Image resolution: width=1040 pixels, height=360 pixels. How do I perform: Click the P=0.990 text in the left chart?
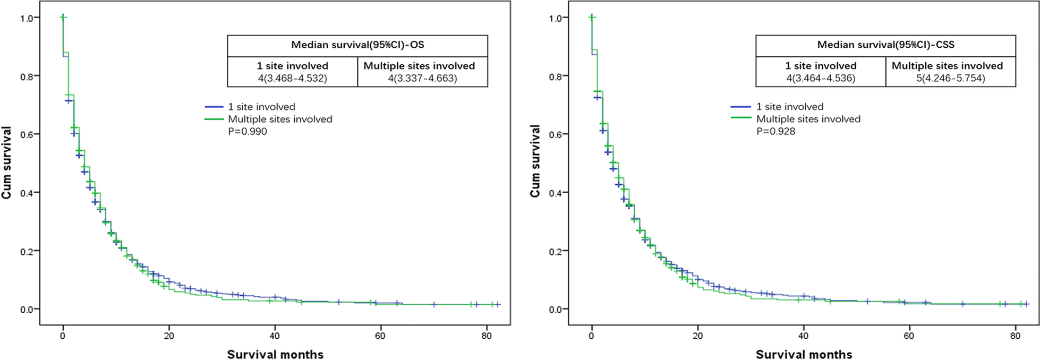(x=248, y=132)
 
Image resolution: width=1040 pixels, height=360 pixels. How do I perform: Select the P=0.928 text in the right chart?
(x=776, y=131)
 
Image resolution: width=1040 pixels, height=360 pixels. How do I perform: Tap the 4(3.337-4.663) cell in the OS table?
(x=422, y=79)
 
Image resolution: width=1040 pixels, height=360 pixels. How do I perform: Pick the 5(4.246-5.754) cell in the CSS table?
(x=951, y=79)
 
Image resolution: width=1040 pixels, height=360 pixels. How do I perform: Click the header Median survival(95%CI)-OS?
(x=357, y=45)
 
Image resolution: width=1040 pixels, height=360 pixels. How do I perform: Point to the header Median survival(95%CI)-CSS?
(x=885, y=45)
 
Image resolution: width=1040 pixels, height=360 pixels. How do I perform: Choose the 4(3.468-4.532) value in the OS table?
(x=293, y=79)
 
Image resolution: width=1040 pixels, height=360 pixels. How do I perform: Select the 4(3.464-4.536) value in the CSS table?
(x=821, y=79)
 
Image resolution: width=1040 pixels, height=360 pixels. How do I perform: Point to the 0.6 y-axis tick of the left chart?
(x=27, y=134)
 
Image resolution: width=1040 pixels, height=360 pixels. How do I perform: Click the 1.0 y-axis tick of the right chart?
(x=556, y=18)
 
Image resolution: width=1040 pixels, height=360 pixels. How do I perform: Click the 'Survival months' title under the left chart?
(x=275, y=355)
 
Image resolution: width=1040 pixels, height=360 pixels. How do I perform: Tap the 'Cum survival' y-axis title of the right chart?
(x=535, y=161)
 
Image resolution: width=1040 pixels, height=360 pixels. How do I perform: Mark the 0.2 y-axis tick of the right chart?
(x=556, y=251)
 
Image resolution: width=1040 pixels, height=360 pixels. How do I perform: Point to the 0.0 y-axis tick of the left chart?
(x=27, y=310)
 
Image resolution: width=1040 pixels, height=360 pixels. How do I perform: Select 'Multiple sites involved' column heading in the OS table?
(x=419, y=66)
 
